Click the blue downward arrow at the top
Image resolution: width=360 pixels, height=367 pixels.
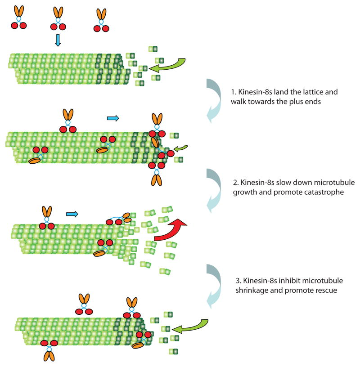pyautogui.click(x=58, y=41)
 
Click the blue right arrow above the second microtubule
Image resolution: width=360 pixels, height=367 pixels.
pyautogui.click(x=112, y=118)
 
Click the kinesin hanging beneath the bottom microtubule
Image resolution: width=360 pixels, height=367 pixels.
pyautogui.click(x=49, y=351)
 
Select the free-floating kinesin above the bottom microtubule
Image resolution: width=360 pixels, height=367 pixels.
pyautogui.click(x=84, y=304)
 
